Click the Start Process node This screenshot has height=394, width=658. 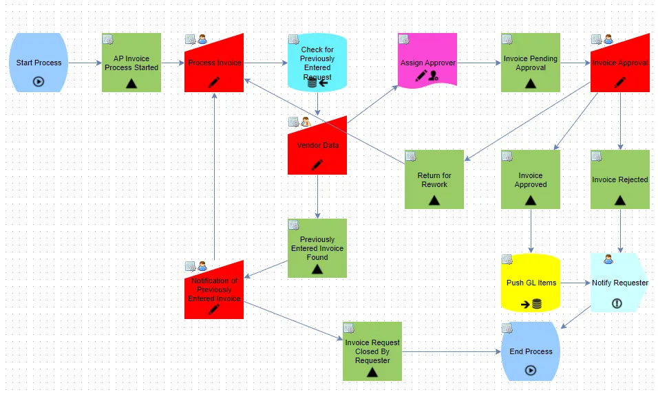pyautogui.click(x=39, y=63)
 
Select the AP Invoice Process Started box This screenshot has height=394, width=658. pyautogui.click(x=131, y=63)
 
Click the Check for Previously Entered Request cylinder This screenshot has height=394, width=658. pyautogui.click(x=317, y=63)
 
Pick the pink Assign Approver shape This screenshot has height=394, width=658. pyautogui.click(x=427, y=61)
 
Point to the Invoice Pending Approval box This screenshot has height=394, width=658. pyautogui.click(x=531, y=63)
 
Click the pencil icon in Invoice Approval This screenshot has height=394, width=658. pyautogui.click(x=620, y=83)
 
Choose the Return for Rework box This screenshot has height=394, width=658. pyautogui.click(x=434, y=179)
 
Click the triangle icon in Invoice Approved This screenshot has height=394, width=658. pyautogui.click(x=531, y=200)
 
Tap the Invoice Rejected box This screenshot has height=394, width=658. pyautogui.click(x=620, y=179)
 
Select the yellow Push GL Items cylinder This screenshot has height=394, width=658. pyautogui.click(x=531, y=283)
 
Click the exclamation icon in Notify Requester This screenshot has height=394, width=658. pyautogui.click(x=617, y=303)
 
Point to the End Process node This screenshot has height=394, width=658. pyautogui.click(x=531, y=351)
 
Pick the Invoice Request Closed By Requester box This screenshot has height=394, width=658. pyautogui.click(x=372, y=351)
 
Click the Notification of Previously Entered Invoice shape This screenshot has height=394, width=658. pyautogui.click(x=214, y=290)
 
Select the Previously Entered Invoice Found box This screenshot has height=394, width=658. pyautogui.click(x=317, y=248)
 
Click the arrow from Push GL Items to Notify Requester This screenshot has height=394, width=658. pyautogui.click(x=575, y=283)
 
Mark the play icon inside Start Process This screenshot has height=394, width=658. pyautogui.click(x=39, y=81)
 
